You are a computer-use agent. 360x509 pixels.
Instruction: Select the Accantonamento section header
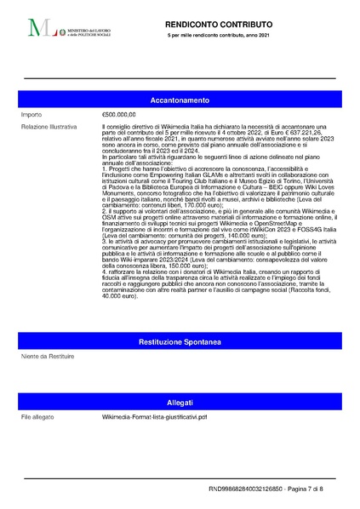coord(180,100)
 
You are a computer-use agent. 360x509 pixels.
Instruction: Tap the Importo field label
coord(33,113)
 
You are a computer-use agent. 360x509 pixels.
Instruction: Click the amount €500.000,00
coord(119,113)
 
